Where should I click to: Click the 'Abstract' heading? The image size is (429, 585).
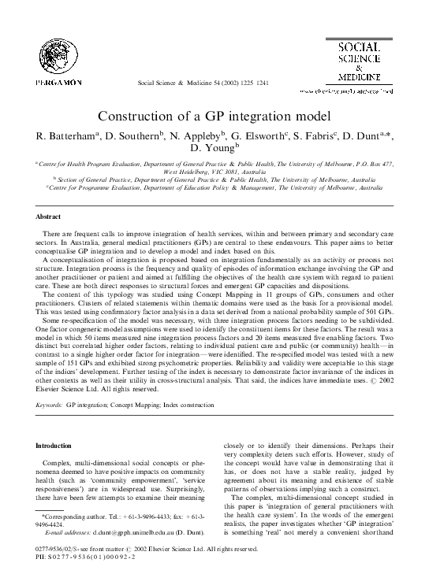49,215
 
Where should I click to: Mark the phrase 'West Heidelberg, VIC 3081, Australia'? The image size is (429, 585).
214,169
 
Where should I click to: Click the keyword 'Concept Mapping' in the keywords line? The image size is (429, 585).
137,404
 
